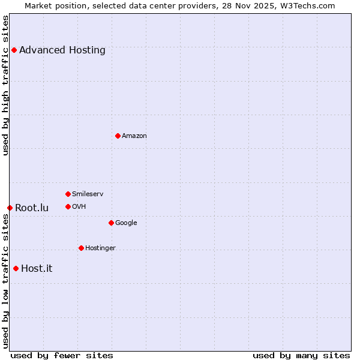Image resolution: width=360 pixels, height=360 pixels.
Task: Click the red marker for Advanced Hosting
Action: pos(14,50)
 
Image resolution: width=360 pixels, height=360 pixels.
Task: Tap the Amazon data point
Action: pos(118,136)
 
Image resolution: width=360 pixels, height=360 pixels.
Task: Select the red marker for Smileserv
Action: pos(68,194)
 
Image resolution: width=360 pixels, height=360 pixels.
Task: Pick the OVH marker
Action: pos(68,206)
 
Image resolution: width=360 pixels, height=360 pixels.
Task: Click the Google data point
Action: pos(111,223)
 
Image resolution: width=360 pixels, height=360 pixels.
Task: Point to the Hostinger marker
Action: pos(81,248)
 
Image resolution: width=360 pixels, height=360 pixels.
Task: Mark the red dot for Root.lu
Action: pos(10,208)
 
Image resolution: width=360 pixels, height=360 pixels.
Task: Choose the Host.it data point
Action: pos(16,268)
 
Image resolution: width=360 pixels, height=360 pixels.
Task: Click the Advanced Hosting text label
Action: pos(62,50)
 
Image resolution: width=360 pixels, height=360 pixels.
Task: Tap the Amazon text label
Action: pos(134,136)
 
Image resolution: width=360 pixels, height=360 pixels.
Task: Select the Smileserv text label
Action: pos(88,194)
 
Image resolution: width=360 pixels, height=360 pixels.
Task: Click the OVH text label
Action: pos(79,206)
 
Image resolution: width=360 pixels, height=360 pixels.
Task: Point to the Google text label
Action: pos(126,223)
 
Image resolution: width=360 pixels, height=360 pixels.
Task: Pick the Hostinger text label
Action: pos(100,248)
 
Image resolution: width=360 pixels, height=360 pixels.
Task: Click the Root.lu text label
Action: pos(32,208)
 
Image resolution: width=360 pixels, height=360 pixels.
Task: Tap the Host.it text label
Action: pos(37,268)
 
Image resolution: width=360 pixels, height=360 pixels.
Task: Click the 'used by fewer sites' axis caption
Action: pos(62,355)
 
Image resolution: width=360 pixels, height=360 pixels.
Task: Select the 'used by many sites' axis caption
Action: pos(301,355)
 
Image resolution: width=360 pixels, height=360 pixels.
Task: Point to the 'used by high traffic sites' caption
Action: pos(5,85)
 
